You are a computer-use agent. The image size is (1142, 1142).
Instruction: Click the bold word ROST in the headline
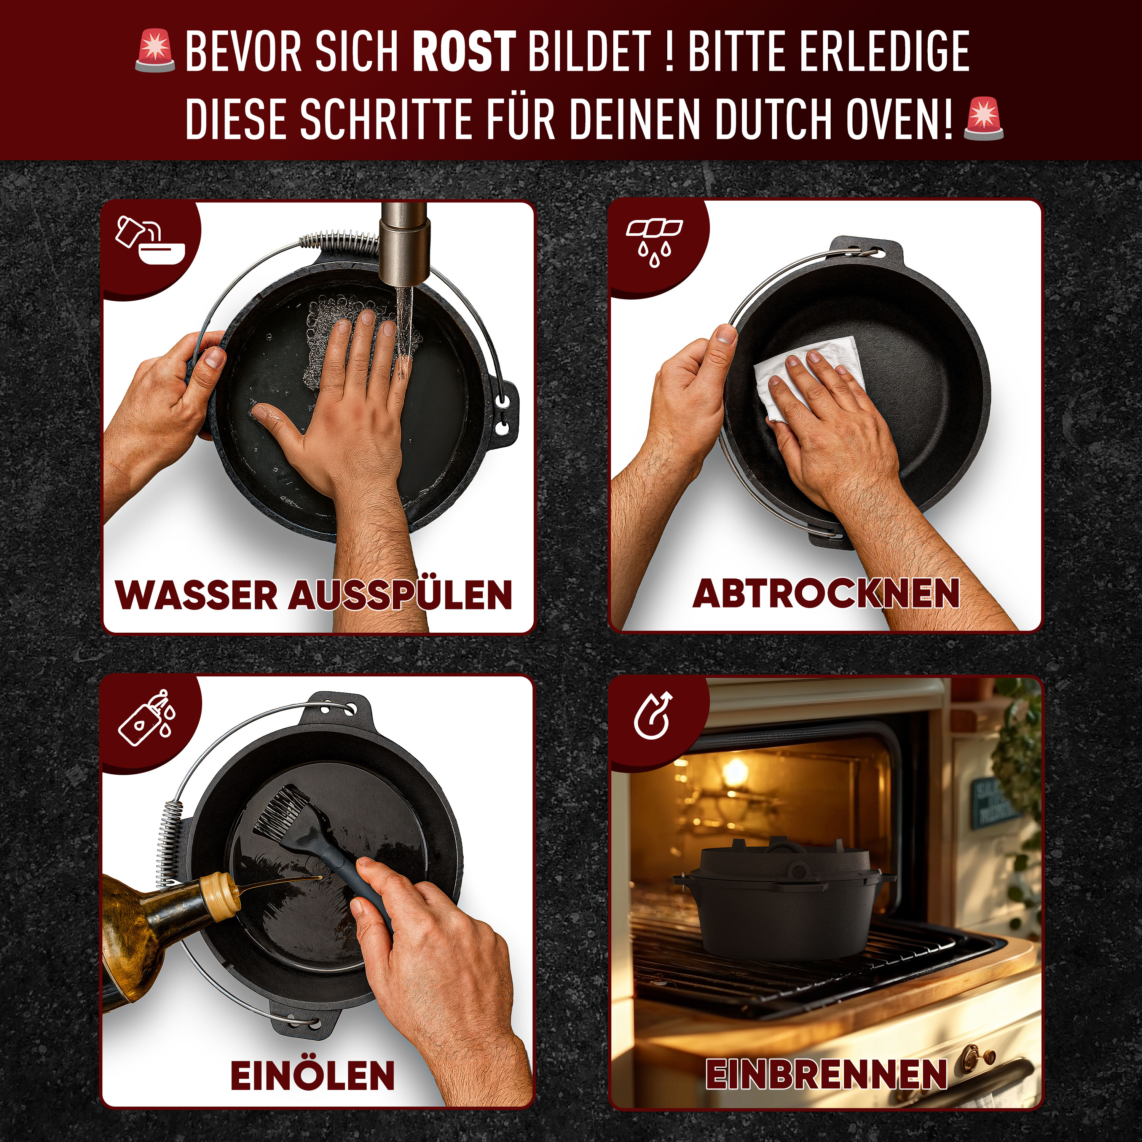(x=463, y=52)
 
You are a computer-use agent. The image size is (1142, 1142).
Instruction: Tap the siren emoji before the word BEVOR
(x=155, y=52)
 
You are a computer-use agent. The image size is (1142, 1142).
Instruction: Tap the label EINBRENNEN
(x=826, y=1073)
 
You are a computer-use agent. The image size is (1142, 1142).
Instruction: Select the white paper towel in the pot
(x=810, y=372)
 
